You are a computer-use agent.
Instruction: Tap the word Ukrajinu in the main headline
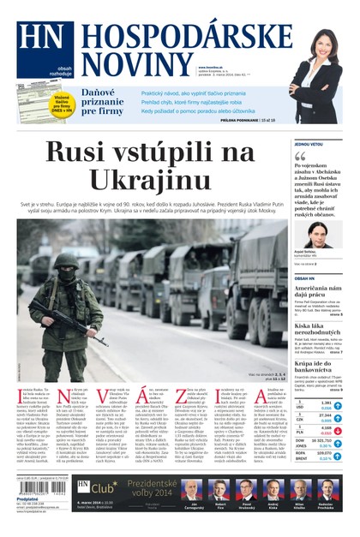point(150,179)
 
